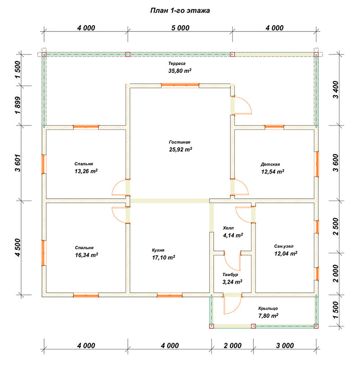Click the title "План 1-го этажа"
(x=180, y=11)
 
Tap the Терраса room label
(x=177, y=63)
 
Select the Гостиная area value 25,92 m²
(x=180, y=149)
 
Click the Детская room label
(x=270, y=165)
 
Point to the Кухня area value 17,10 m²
(x=163, y=258)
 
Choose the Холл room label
(x=228, y=228)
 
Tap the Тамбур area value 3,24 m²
(x=232, y=282)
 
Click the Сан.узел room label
(x=283, y=246)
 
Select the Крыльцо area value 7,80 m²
(x=268, y=316)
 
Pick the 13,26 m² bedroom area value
(x=86, y=171)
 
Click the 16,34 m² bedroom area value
(x=86, y=255)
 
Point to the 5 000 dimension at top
(x=180, y=28)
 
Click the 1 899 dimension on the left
(x=18, y=105)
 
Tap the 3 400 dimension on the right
(x=335, y=89)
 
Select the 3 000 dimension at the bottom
(x=285, y=346)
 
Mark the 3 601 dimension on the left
(x=18, y=163)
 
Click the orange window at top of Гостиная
(x=180, y=85)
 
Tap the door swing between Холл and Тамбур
(x=232, y=262)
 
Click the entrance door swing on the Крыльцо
(x=233, y=304)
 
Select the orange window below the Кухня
(x=170, y=295)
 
